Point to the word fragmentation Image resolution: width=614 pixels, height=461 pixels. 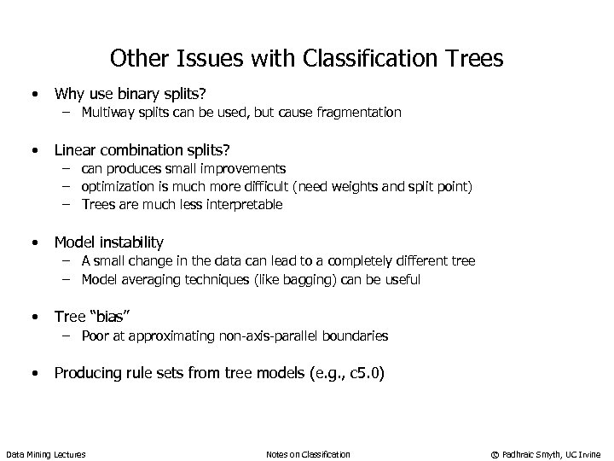click(356, 112)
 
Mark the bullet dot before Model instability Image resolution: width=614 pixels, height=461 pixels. click(35, 242)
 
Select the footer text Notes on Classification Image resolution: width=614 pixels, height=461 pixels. click(308, 452)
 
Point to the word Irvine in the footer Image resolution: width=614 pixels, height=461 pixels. click(588, 452)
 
